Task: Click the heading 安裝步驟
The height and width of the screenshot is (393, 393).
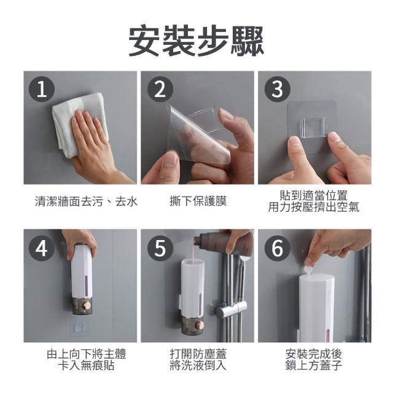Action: pyautogui.click(x=196, y=41)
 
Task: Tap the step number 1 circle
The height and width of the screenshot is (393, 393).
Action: pyautogui.click(x=42, y=90)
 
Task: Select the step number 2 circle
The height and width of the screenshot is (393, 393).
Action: pyautogui.click(x=160, y=90)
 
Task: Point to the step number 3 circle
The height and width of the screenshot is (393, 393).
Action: pyautogui.click(x=277, y=90)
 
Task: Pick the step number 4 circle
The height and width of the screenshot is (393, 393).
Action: pyautogui.click(x=42, y=248)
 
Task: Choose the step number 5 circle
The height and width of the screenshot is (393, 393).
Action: pyautogui.click(x=160, y=248)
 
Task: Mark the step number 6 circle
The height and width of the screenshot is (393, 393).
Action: pyautogui.click(x=277, y=248)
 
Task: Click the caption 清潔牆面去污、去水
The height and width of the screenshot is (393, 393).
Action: pyautogui.click(x=86, y=201)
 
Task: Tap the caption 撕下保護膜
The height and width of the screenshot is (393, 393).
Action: pyautogui.click(x=198, y=201)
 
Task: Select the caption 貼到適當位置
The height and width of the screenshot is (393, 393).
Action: pyautogui.click(x=314, y=195)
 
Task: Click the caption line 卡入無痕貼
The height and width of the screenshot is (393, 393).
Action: pyautogui.click(x=86, y=365)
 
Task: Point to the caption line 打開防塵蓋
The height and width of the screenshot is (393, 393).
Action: pyautogui.click(x=198, y=354)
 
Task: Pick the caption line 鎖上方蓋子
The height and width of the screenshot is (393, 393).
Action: pyautogui.click(x=314, y=365)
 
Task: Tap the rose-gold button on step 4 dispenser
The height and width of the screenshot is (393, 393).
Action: pyautogui.click(x=88, y=306)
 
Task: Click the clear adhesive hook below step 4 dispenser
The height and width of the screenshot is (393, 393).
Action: pyautogui.click(x=80, y=327)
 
